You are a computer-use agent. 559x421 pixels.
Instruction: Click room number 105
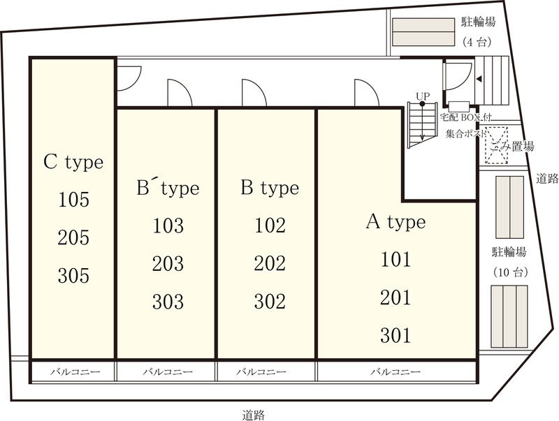tap(73, 200)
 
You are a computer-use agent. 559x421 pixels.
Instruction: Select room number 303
tap(168, 302)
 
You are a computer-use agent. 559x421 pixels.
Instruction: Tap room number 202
tap(270, 264)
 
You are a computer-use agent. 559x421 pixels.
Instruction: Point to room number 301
tap(395, 335)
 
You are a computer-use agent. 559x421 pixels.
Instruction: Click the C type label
tap(73, 163)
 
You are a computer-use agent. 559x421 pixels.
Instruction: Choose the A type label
tap(395, 222)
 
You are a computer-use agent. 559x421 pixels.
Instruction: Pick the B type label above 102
tap(270, 188)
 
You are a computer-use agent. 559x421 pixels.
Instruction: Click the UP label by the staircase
tap(423, 96)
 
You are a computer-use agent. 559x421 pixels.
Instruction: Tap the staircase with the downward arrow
tap(423, 124)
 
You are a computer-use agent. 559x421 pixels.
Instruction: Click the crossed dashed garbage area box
tap(496, 145)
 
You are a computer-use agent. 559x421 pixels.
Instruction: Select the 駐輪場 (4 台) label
tap(478, 32)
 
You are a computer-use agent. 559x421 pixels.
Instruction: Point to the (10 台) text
tap(510, 273)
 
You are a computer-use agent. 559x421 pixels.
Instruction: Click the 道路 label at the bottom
tap(254, 415)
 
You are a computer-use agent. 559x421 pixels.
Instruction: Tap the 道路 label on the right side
tap(547, 178)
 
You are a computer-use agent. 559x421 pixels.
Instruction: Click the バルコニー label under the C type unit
tap(75, 372)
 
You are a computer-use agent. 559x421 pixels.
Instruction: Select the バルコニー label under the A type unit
tap(395, 372)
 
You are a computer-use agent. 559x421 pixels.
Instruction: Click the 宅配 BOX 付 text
tap(465, 117)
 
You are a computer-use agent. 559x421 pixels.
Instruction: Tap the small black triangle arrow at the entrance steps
tap(479, 79)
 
